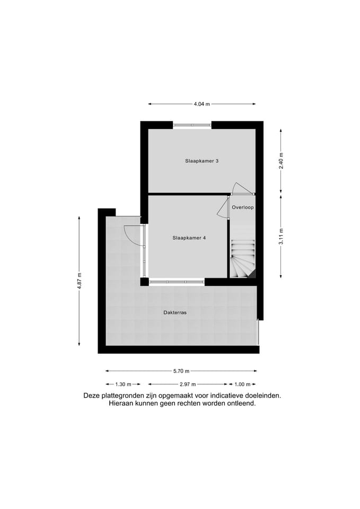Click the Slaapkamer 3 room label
(202, 161)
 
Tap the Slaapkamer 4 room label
(189, 238)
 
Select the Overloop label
(242, 207)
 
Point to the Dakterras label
(175, 312)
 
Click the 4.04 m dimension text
(201, 104)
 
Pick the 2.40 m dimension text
(282, 161)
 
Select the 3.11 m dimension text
(282, 236)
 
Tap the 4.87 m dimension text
(80, 279)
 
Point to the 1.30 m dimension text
(123, 384)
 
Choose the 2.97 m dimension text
(188, 384)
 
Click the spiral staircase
(243, 259)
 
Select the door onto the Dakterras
(133, 235)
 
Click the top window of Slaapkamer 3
(192, 125)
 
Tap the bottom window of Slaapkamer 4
(177, 282)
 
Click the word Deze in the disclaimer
(92, 396)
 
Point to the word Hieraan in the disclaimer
(122, 403)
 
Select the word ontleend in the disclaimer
(241, 403)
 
